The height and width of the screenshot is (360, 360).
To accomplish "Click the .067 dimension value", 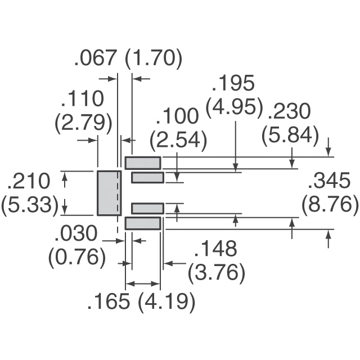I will click(x=96, y=58).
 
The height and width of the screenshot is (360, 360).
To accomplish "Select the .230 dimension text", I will click(x=289, y=112).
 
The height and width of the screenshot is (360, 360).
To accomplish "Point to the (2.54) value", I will click(x=178, y=139).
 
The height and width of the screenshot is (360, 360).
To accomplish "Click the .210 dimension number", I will click(x=29, y=181).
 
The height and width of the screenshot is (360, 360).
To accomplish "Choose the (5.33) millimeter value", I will click(x=30, y=205).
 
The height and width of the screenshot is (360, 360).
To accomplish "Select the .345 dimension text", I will click(x=330, y=181).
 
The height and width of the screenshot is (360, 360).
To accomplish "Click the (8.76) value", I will click(x=330, y=205).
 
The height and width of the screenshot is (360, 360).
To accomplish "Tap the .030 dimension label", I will click(x=76, y=233).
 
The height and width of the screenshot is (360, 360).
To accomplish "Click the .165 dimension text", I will click(x=109, y=303).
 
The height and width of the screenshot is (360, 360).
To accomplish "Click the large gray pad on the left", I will click(x=109, y=193).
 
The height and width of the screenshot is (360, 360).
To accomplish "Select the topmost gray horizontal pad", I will click(x=143, y=163).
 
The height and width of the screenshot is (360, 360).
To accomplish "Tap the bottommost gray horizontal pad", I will click(x=143, y=223).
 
